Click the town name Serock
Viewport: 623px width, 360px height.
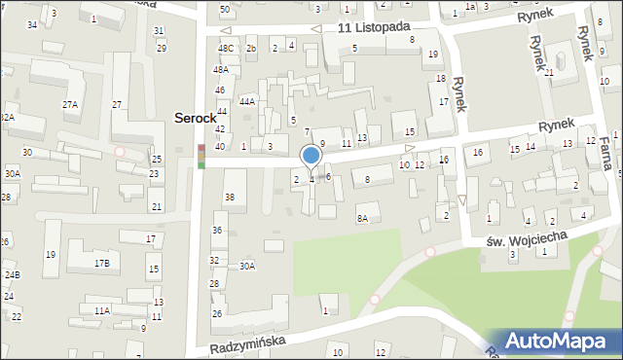coord(195,117)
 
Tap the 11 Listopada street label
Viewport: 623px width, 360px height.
coord(374,28)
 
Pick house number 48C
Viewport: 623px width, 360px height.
coord(226,48)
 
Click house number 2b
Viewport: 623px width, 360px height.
coord(251,48)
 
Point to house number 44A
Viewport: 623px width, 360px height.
coord(247,100)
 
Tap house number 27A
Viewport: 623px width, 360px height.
coord(70,104)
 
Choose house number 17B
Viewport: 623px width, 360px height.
coord(101,263)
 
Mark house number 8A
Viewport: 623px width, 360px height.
coord(362,219)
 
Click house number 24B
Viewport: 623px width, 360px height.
coord(12,275)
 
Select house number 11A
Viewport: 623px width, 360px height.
coord(101,310)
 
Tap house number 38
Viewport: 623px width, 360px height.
coord(230,198)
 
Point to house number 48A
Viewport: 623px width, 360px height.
coord(222,69)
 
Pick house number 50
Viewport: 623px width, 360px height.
coord(225,9)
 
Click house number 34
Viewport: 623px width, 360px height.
coord(32,23)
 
